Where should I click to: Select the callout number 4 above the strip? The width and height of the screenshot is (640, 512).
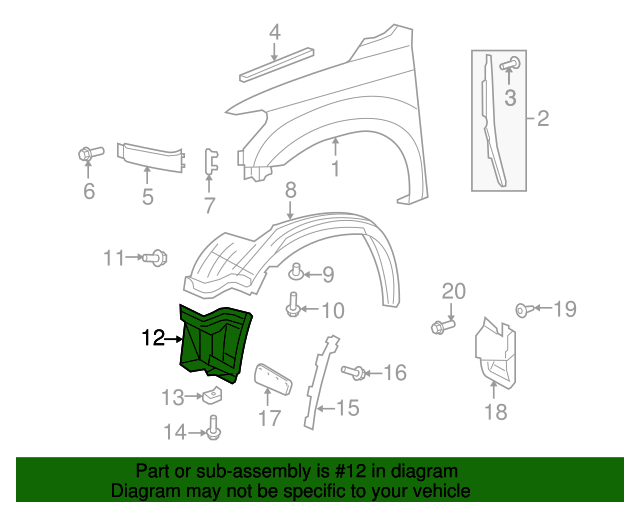pyautogui.click(x=274, y=32)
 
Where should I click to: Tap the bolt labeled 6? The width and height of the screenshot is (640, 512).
pyautogui.click(x=91, y=154)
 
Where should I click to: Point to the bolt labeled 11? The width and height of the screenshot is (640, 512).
pyautogui.click(x=156, y=258)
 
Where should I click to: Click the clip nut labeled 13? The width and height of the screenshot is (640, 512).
pyautogui.click(x=213, y=395)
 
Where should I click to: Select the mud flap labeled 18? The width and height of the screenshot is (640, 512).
pyautogui.click(x=495, y=352)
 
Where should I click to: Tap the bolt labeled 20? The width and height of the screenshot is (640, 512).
pyautogui.click(x=442, y=326)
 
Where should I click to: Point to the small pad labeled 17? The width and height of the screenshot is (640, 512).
pyautogui.click(x=273, y=379)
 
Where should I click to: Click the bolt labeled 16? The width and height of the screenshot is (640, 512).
pyautogui.click(x=353, y=372)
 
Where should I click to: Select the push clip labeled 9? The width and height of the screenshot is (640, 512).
pyautogui.click(x=296, y=272)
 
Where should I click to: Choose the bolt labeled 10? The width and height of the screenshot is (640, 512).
pyautogui.click(x=293, y=304)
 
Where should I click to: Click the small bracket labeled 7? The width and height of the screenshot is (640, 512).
pyautogui.click(x=211, y=161)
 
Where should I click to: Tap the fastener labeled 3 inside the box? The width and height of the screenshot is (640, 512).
pyautogui.click(x=510, y=64)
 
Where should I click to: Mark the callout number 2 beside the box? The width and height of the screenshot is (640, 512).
pyautogui.click(x=543, y=118)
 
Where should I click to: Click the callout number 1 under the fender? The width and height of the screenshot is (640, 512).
pyautogui.click(x=336, y=169)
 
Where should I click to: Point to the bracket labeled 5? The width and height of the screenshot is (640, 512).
pyautogui.click(x=150, y=157)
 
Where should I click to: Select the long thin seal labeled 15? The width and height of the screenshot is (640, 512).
pyautogui.click(x=321, y=382)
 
